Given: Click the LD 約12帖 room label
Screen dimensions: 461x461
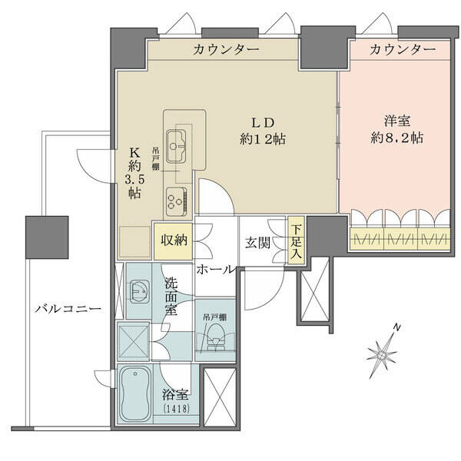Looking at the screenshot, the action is [x=263, y=131].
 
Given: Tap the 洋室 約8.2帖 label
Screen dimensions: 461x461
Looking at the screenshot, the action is [x=397, y=130].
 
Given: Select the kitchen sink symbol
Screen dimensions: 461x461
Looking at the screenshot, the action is [x=176, y=146].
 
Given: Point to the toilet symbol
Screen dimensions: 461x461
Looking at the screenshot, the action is [x=216, y=337].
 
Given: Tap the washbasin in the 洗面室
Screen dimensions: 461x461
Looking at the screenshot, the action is [x=140, y=292].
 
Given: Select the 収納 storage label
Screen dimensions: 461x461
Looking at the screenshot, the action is [x=174, y=240].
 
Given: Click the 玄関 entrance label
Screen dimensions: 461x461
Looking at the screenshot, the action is [x=257, y=243].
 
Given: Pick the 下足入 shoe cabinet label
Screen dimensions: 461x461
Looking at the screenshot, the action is [x=297, y=241].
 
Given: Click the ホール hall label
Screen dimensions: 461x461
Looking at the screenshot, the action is [x=216, y=269].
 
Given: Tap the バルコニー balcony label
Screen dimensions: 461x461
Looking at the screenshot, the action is [x=68, y=309].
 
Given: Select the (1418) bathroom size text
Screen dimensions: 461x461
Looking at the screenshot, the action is [x=176, y=409].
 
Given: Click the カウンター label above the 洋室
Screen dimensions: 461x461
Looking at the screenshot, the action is [x=403, y=49].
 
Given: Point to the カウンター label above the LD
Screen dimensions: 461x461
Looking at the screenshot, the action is [x=226, y=49].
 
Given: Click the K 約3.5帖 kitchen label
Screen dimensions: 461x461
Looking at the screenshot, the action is [x=134, y=173].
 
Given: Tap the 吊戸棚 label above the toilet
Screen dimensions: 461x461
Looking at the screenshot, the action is [x=214, y=317].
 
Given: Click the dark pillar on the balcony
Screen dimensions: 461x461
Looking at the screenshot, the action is [x=47, y=237].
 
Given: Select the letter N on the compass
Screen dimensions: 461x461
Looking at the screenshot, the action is [x=397, y=327].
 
